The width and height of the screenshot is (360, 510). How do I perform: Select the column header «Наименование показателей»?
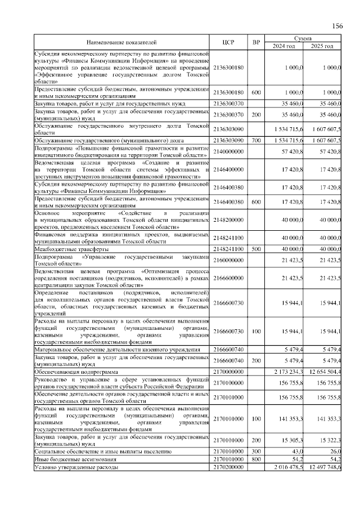point(121,42)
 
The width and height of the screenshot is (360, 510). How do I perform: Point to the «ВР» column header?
point(256,42)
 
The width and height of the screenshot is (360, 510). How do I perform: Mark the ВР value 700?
point(256,139)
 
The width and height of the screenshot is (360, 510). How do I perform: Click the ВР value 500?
point(256,248)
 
